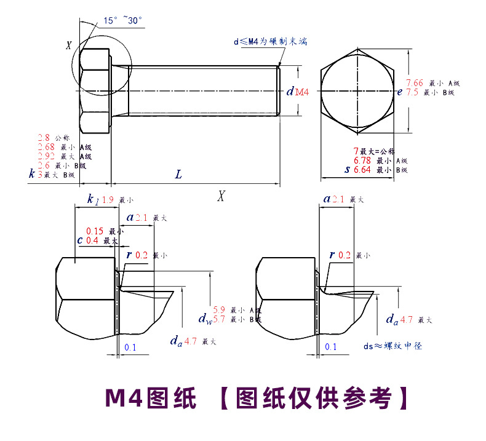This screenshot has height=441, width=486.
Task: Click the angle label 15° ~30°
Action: pos(122,21)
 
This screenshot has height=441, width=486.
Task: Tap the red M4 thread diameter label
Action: pos(302,92)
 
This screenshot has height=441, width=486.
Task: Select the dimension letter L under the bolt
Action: pos(178,175)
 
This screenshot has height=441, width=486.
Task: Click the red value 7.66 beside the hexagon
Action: pos(415,83)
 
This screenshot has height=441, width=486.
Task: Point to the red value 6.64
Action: pos(362,170)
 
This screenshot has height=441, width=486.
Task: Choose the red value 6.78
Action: pos(362,161)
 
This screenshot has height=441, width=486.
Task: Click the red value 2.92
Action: pos(46,156)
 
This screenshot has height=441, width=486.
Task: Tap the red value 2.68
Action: pos(46,147)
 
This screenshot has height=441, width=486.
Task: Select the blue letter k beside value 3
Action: pos(31,174)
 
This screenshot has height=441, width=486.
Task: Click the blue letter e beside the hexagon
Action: pos(399,92)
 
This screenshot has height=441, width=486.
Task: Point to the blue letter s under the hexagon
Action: pos(347,170)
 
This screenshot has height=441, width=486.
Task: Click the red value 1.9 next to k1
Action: pos(107,200)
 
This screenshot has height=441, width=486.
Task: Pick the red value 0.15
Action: pos(94,231)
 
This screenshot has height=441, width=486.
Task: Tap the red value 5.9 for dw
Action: pos(219,310)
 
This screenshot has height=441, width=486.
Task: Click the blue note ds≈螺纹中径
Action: pos(392,346)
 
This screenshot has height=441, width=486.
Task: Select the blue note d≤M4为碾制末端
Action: pos(270,41)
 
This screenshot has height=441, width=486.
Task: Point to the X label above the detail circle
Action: pos(69,45)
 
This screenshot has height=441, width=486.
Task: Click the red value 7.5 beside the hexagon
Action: pos(412,92)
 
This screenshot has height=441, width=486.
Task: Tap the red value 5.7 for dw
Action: pos(219,319)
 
